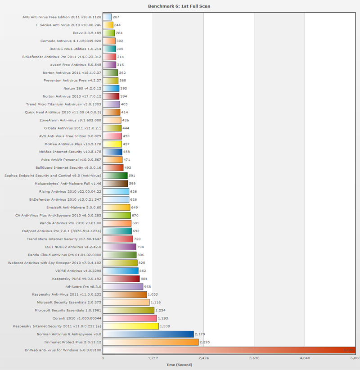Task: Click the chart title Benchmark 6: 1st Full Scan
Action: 179,6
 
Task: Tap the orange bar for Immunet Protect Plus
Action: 150,342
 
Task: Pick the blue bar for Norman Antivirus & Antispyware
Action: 148,334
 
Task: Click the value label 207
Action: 117,17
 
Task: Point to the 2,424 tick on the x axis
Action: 203,358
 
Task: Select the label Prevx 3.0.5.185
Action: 87,33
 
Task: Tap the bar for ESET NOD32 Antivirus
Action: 119,247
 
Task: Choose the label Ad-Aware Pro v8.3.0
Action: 83,286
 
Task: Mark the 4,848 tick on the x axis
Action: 305,358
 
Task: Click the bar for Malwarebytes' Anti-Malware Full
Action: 115,184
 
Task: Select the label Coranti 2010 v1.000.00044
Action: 75,318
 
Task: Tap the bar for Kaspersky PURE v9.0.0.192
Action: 121,279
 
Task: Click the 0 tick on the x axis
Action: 103,358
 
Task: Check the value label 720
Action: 138,239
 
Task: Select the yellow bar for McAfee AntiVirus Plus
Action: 112,144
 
